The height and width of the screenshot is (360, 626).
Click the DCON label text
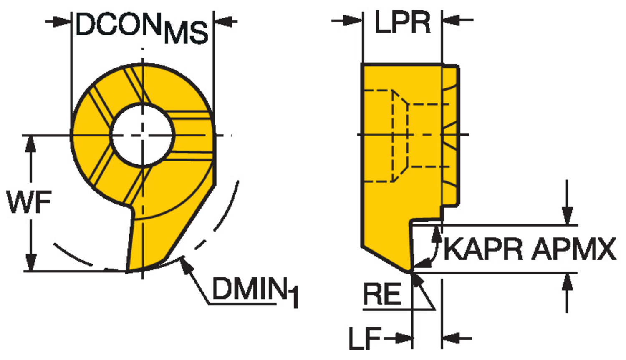click(118, 25)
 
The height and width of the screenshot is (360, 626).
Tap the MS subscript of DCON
click(186, 33)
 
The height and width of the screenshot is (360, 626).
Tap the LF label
click(365, 338)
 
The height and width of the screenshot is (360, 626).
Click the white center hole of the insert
click(142, 135)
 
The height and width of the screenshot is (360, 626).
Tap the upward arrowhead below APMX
click(567, 282)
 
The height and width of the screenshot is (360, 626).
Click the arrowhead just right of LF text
click(405, 338)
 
